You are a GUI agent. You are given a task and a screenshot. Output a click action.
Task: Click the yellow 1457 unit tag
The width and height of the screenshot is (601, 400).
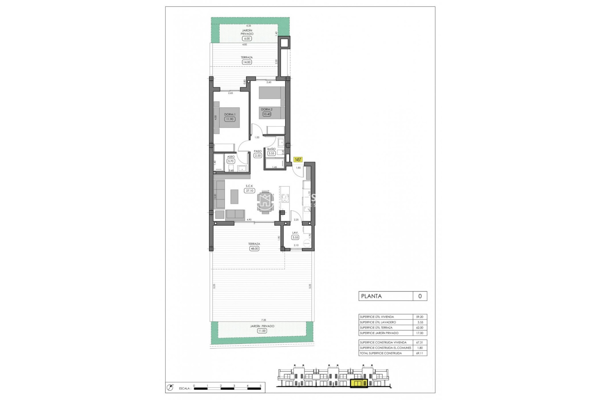coord(298,160)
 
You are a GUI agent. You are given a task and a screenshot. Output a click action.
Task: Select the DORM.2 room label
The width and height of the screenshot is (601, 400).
coord(267,109)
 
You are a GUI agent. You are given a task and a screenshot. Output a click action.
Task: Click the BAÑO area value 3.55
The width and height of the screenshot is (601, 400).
coord(271,153)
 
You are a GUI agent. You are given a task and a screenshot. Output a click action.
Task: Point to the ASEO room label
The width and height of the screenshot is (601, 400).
coord(231,157)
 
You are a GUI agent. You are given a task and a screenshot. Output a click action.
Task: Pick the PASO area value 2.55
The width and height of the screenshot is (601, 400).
coord(258,156)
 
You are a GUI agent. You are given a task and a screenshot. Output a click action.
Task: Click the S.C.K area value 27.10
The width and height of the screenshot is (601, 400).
coord(249,191)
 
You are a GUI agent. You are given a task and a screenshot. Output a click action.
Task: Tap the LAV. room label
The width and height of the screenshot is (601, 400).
coord(295,233)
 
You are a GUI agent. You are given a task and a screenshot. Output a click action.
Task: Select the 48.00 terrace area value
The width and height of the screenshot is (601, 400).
coord(254,249)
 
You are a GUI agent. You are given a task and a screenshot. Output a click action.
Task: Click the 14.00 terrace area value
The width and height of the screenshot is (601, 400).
coord(247,62)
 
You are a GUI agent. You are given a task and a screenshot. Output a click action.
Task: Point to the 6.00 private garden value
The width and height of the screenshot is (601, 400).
coord(247,39)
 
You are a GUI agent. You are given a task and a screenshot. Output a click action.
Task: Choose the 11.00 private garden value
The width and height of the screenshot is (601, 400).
coord(262,331)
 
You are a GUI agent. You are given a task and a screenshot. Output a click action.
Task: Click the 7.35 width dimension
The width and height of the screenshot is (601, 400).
coord(264,320)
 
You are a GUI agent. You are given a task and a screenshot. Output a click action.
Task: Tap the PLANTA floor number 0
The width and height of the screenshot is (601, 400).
coord(420,296)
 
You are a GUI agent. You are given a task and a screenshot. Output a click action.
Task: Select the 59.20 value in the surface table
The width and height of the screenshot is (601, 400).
coord(419,317)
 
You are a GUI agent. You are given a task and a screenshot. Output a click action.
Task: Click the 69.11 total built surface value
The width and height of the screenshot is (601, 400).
coord(419,353)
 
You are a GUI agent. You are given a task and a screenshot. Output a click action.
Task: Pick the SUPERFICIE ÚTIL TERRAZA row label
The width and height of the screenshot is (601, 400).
coord(376,328)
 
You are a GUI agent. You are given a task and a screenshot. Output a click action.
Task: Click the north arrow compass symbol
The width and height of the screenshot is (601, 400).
coord(170,387)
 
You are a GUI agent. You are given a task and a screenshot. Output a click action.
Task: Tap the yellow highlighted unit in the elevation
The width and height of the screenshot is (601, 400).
coord(359,383)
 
